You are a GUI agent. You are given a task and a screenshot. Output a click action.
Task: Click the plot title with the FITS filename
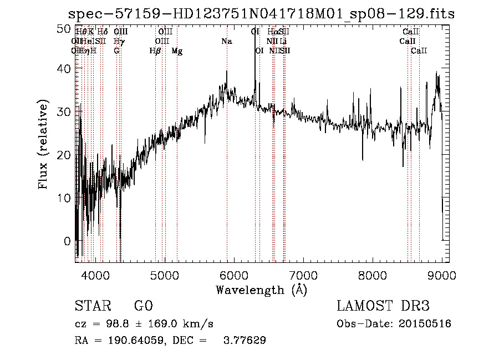[261, 14]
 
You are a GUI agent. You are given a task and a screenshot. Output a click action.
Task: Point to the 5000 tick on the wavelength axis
[164, 275]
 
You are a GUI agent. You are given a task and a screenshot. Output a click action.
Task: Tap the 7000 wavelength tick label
[303, 275]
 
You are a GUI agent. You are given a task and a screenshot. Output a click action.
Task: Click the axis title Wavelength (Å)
[261, 290]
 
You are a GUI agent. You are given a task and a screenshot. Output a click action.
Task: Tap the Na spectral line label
[226, 42]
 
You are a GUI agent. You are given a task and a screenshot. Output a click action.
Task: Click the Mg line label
[177, 51]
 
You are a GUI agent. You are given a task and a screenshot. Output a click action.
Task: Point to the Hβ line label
[155, 51]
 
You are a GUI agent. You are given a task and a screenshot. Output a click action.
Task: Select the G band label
[116, 51]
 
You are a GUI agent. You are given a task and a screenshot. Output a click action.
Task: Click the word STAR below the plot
[91, 306]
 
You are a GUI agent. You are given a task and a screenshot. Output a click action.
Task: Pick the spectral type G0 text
[143, 306]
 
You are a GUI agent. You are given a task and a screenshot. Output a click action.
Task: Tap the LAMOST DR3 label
[383, 306]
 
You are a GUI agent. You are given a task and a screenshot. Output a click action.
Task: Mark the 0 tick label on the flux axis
[68, 241]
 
